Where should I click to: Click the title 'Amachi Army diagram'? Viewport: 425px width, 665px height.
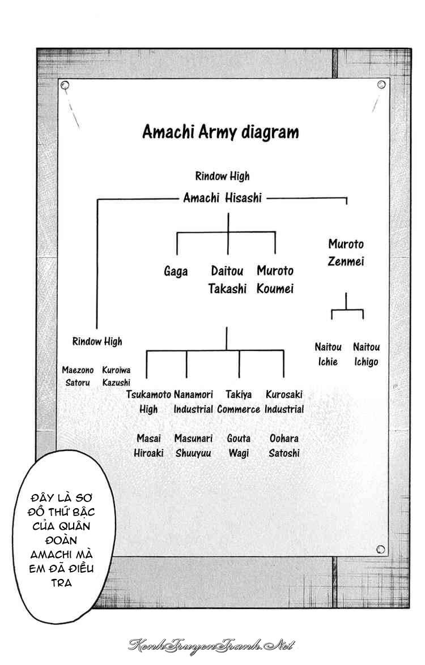[x=220, y=132]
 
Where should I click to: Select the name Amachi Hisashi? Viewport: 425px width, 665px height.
[x=223, y=198]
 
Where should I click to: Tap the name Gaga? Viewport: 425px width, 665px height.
[x=176, y=272]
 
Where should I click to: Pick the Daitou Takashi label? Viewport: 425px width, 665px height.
[x=227, y=280]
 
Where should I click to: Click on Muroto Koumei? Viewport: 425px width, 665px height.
[x=275, y=280]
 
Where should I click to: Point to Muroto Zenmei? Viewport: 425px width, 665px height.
[x=346, y=252]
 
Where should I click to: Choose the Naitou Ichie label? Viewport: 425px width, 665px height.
[x=328, y=354]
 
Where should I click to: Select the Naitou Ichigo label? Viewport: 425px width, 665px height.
[x=366, y=354]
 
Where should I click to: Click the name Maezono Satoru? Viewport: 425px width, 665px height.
[x=78, y=376]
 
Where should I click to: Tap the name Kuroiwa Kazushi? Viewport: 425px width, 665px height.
[x=116, y=376]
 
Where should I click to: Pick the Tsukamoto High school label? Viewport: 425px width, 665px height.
[x=148, y=402]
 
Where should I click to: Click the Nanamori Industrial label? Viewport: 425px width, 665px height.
[x=193, y=402]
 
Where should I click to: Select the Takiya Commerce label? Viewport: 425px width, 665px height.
[x=239, y=402]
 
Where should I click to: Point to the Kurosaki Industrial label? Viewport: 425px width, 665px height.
[x=284, y=402]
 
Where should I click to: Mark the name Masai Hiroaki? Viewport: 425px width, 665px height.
[x=148, y=446]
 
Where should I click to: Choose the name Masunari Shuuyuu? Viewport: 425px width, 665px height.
[x=193, y=446]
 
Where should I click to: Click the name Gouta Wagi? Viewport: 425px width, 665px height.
[x=239, y=446]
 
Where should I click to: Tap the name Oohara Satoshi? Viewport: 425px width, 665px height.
[x=284, y=446]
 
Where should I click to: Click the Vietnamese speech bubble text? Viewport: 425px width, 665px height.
[x=62, y=540]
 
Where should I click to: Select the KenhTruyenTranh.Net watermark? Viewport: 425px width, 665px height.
[x=211, y=646]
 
